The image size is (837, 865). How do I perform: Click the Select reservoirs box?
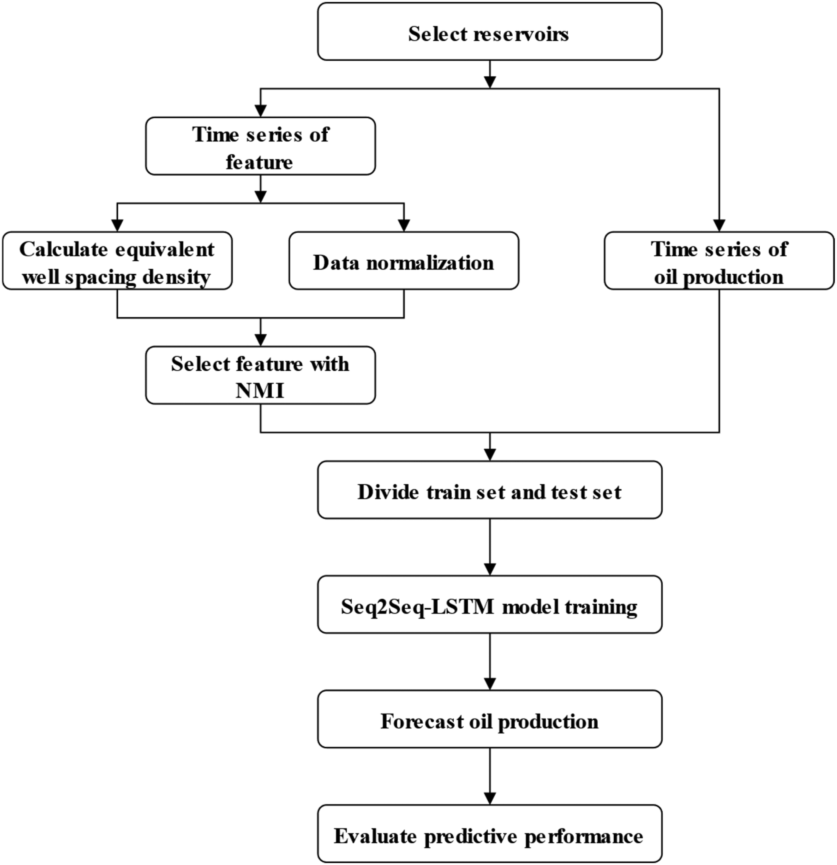point(490,31)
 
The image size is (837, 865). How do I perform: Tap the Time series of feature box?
point(260,146)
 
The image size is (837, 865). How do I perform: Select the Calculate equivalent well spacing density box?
point(117,261)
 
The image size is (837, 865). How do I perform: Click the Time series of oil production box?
point(719,261)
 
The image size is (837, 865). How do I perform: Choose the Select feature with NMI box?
point(260,375)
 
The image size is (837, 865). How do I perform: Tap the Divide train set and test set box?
point(490,490)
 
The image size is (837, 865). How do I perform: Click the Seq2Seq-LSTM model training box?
point(490,605)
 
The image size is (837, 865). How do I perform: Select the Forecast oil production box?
point(490,719)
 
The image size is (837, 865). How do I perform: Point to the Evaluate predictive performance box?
point(490,834)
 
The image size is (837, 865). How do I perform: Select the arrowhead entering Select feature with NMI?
point(260,340)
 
